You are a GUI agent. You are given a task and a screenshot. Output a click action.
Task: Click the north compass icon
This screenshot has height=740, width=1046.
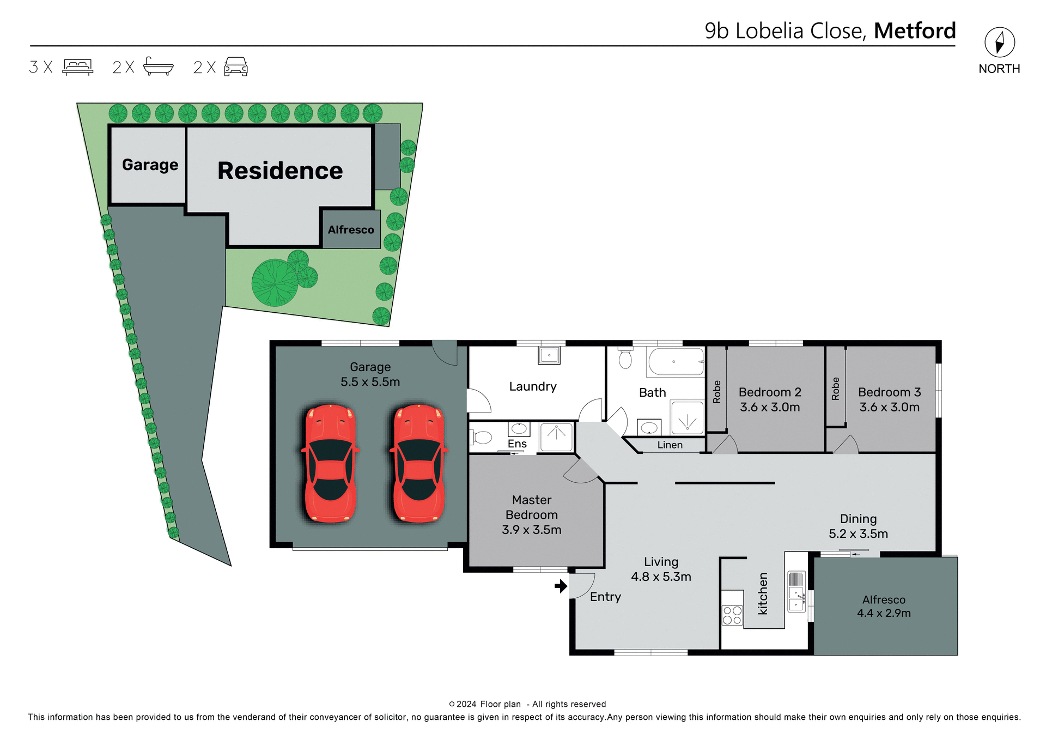pyautogui.click(x=999, y=43)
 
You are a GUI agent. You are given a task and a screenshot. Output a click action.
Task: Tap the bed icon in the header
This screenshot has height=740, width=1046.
pyautogui.click(x=78, y=66)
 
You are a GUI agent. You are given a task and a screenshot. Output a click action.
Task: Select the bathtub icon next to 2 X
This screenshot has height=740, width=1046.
pyautogui.click(x=158, y=66)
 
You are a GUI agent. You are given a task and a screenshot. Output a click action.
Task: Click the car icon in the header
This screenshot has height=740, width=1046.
pyautogui.click(x=236, y=66)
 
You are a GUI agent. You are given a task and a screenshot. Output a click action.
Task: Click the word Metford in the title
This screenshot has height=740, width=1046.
pyautogui.click(x=915, y=31)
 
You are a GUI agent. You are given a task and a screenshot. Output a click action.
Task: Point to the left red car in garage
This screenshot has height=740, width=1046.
pyautogui.click(x=330, y=464)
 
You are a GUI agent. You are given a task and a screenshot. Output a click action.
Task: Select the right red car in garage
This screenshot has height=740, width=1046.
pyautogui.click(x=418, y=464)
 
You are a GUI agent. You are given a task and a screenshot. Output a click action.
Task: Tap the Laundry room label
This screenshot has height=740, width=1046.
pyautogui.click(x=533, y=386)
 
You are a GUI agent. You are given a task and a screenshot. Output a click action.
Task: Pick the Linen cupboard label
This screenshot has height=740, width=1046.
pyautogui.click(x=670, y=445)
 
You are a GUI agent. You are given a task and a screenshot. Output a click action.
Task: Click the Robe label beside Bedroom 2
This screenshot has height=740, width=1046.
pyautogui.click(x=717, y=392)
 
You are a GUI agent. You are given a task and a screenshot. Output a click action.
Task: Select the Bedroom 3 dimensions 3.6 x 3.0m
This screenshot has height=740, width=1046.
pyautogui.click(x=889, y=407)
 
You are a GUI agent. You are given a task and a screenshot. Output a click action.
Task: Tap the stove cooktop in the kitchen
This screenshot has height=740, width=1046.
pyautogui.click(x=732, y=615)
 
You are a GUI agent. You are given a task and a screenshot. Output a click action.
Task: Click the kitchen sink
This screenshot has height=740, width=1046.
pyautogui.click(x=796, y=598)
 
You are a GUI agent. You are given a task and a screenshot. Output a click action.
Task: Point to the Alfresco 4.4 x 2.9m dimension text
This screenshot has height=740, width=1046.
pyautogui.click(x=884, y=613)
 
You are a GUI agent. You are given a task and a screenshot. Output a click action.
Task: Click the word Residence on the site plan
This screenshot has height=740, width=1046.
pyautogui.click(x=280, y=171)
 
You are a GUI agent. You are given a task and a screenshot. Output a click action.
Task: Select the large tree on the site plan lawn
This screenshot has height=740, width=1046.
pyautogui.click(x=275, y=283)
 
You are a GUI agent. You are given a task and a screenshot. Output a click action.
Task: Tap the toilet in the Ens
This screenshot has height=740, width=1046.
pyautogui.click(x=482, y=437)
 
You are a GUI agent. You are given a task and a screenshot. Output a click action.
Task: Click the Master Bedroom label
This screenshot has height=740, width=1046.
pyautogui.click(x=531, y=507)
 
